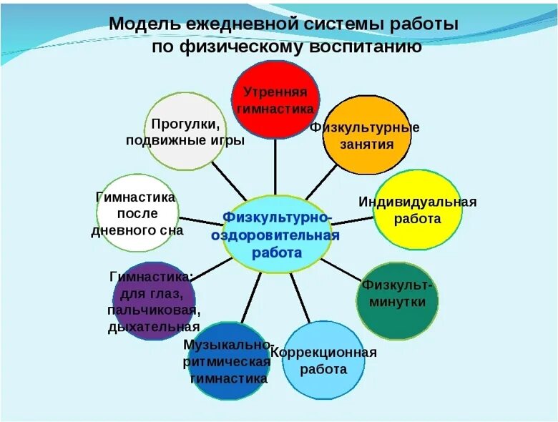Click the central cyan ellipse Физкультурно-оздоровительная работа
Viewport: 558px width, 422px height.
point(277,234)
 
